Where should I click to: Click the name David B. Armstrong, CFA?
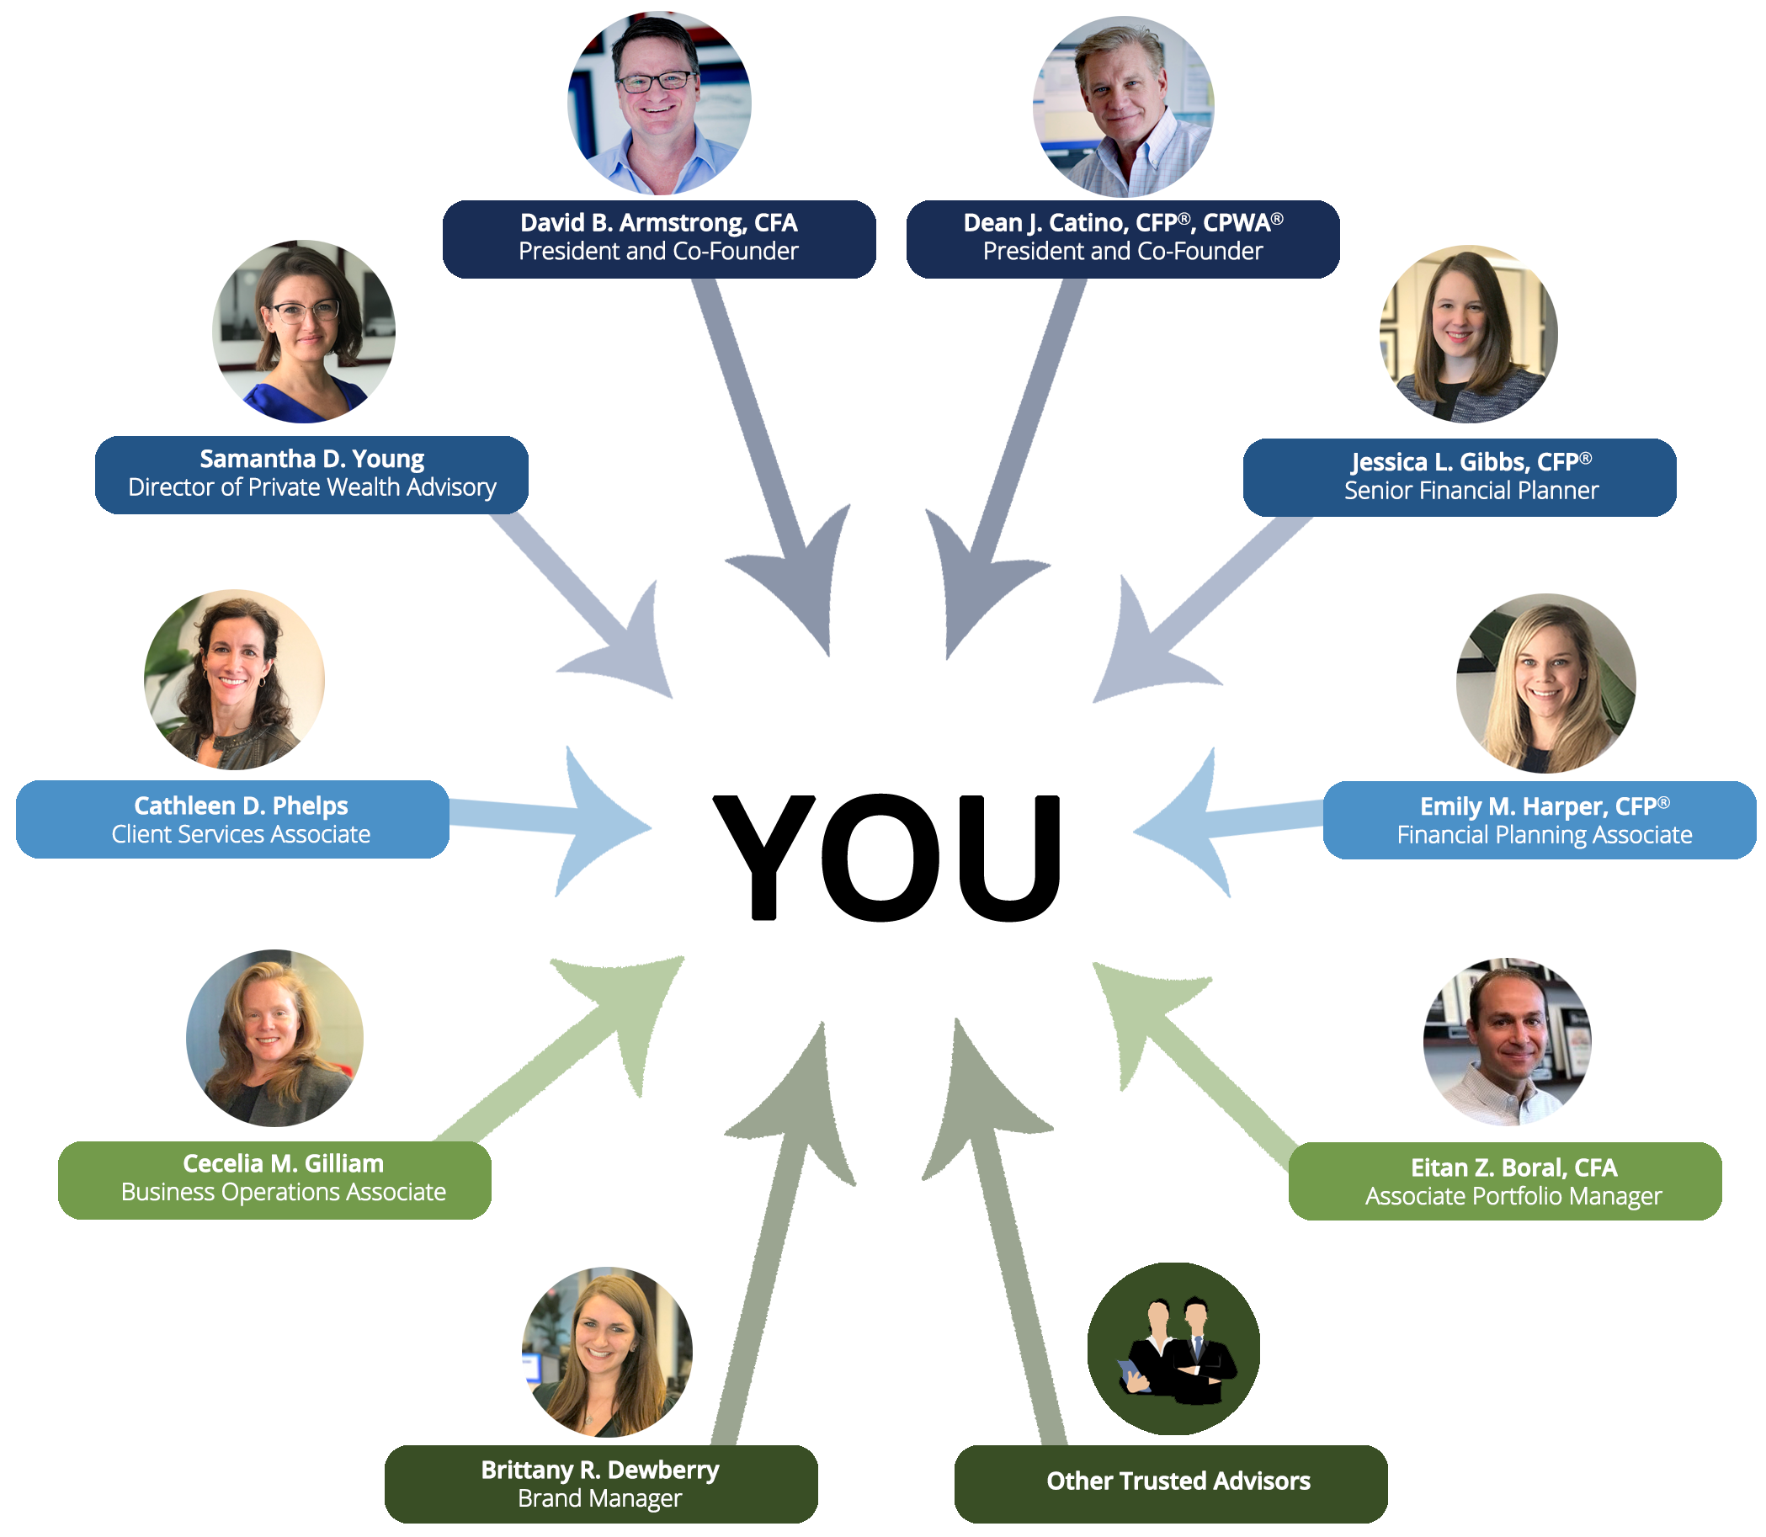coord(658,223)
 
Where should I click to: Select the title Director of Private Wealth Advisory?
coord(312,488)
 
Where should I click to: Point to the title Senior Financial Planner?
coord(1471,491)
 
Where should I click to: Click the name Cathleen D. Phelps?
coord(241,806)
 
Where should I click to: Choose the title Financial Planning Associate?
coord(1544,835)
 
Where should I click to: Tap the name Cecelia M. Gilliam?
coord(283,1164)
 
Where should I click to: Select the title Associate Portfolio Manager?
coord(1513,1196)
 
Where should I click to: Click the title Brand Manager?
coord(599,1498)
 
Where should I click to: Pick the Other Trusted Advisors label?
coord(1178,1481)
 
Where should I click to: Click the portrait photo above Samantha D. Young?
coord(304,332)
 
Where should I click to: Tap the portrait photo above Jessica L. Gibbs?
coord(1468,334)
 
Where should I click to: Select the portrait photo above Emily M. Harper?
coord(1545,683)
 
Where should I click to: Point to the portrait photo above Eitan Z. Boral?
coord(1507,1041)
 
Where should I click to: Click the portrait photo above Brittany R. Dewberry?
coord(606,1352)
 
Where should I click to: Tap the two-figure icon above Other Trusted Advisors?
coord(1173,1348)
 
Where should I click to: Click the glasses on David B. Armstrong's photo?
coord(656,82)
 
